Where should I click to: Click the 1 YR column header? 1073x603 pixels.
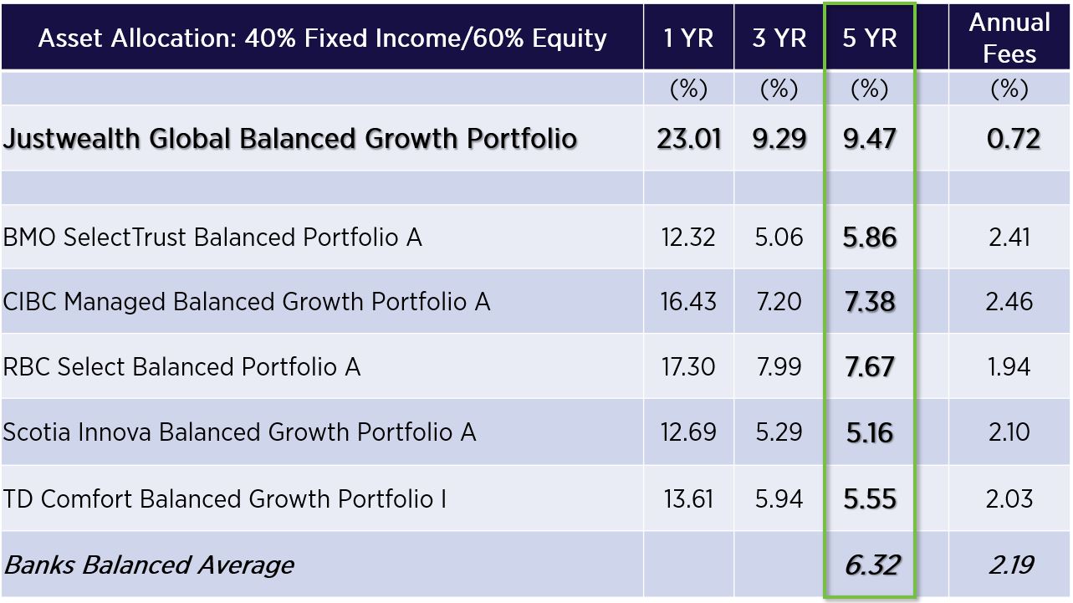688,38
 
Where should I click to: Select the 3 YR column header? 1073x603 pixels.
779,38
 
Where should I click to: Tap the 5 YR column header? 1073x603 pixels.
870,38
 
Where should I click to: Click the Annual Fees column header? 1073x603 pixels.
1009,38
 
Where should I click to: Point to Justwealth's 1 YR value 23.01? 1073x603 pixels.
689,139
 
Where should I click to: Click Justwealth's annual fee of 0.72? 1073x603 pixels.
1013,139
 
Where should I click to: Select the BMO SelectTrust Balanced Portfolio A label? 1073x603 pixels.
212,237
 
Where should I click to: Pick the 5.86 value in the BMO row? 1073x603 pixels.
870,237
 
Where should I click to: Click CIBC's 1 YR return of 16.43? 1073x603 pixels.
688,302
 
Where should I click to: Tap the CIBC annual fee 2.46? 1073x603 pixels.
1009,302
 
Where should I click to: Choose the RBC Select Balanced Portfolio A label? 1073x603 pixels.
181,367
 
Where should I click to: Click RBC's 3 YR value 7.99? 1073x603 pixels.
779,367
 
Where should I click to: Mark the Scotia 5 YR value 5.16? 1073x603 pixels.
870,432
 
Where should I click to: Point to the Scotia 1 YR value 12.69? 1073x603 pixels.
688,432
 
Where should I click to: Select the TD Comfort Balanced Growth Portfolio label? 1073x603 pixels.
225,498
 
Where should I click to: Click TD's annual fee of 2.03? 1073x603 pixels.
1009,498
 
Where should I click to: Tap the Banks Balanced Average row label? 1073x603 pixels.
149,565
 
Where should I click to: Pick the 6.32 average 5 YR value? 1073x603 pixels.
871,565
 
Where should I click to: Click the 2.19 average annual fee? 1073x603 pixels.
1011,565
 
